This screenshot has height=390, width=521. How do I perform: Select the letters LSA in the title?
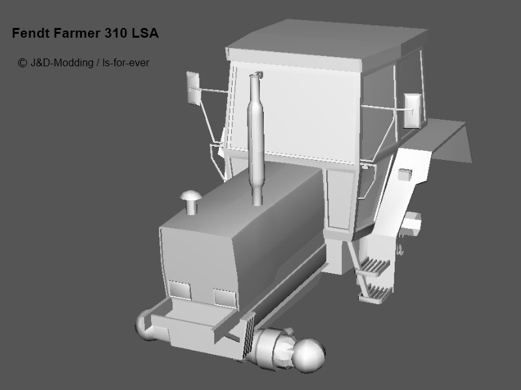[x=145, y=33]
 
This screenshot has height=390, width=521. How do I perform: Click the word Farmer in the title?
[x=77, y=33]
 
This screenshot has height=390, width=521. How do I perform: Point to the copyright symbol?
[x=22, y=62]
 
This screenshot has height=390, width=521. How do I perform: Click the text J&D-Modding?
[x=62, y=62]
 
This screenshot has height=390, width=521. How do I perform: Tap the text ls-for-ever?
[x=126, y=62]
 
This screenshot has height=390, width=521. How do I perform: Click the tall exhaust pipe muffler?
[x=256, y=139]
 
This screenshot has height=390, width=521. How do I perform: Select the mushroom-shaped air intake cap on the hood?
[x=191, y=201]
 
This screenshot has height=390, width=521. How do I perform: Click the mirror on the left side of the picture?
[x=193, y=88]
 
